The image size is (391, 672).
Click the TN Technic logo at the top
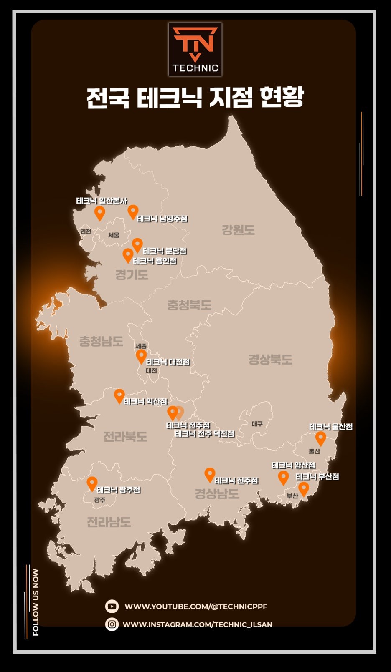click(x=195, y=49)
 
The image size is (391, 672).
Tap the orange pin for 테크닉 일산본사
click(x=99, y=213)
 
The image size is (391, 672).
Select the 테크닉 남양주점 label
click(x=162, y=219)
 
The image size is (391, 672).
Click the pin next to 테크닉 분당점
click(x=137, y=245)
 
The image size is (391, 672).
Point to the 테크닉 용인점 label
click(x=155, y=261)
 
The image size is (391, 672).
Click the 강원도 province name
click(x=238, y=230)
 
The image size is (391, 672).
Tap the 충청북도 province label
click(x=189, y=305)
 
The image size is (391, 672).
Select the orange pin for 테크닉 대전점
click(x=141, y=356)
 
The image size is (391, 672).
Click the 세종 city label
click(x=141, y=346)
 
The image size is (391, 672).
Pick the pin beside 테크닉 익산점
click(x=119, y=396)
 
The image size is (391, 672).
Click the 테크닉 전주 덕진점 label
click(x=205, y=434)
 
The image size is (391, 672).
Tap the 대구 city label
click(x=257, y=424)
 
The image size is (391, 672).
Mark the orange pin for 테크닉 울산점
click(x=320, y=438)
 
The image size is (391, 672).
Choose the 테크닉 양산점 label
click(x=294, y=466)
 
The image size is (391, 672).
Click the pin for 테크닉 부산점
click(x=304, y=488)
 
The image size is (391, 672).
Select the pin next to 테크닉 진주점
click(x=210, y=474)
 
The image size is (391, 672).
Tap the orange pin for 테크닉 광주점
click(x=92, y=483)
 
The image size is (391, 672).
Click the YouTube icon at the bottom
click(x=112, y=606)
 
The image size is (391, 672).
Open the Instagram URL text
click(x=197, y=624)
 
